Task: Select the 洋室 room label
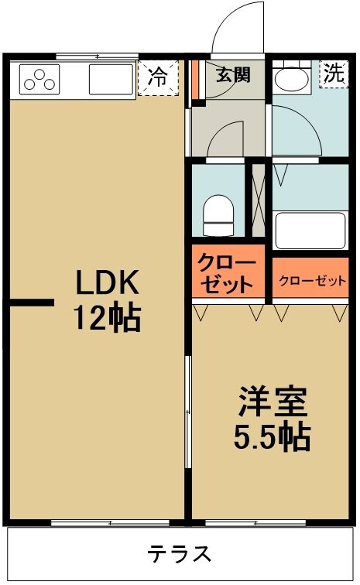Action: (273, 403)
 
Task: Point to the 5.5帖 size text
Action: (273, 437)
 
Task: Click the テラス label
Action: (180, 554)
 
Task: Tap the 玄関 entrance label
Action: (231, 75)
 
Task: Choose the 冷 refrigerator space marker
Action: (157, 77)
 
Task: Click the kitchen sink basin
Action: (111, 79)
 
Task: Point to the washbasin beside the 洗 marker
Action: (293, 77)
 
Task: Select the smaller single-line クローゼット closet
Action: (311, 280)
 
